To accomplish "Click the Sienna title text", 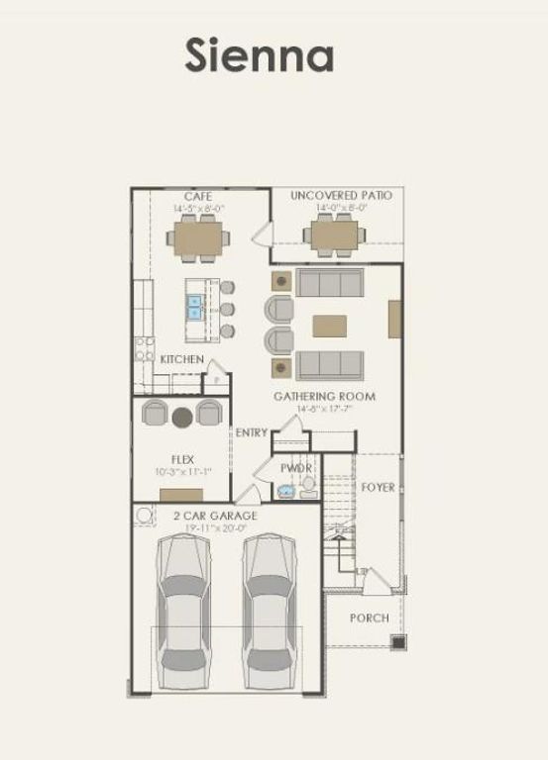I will pyautogui.click(x=259, y=55).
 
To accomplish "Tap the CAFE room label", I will pyautogui.click(x=199, y=197).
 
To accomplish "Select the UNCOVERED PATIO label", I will pyautogui.click(x=341, y=196).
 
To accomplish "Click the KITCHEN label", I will pyautogui.click(x=182, y=359).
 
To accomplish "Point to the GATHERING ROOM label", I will pyautogui.click(x=324, y=396).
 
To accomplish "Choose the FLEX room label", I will pyautogui.click(x=181, y=459).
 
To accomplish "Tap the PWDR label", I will pyautogui.click(x=296, y=467).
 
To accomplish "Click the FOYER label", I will pyautogui.click(x=378, y=488).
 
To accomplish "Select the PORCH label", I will pyautogui.click(x=370, y=618).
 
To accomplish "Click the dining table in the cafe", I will pyautogui.click(x=199, y=238).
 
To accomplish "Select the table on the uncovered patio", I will pyautogui.click(x=335, y=237).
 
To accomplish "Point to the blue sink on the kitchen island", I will pyautogui.click(x=195, y=306).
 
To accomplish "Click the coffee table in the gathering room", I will pyautogui.click(x=329, y=326).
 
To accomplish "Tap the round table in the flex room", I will pyautogui.click(x=181, y=417).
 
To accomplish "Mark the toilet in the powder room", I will pyautogui.click(x=308, y=486).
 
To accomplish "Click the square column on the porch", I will pyautogui.click(x=397, y=641).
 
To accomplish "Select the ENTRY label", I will pyautogui.click(x=252, y=432).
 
